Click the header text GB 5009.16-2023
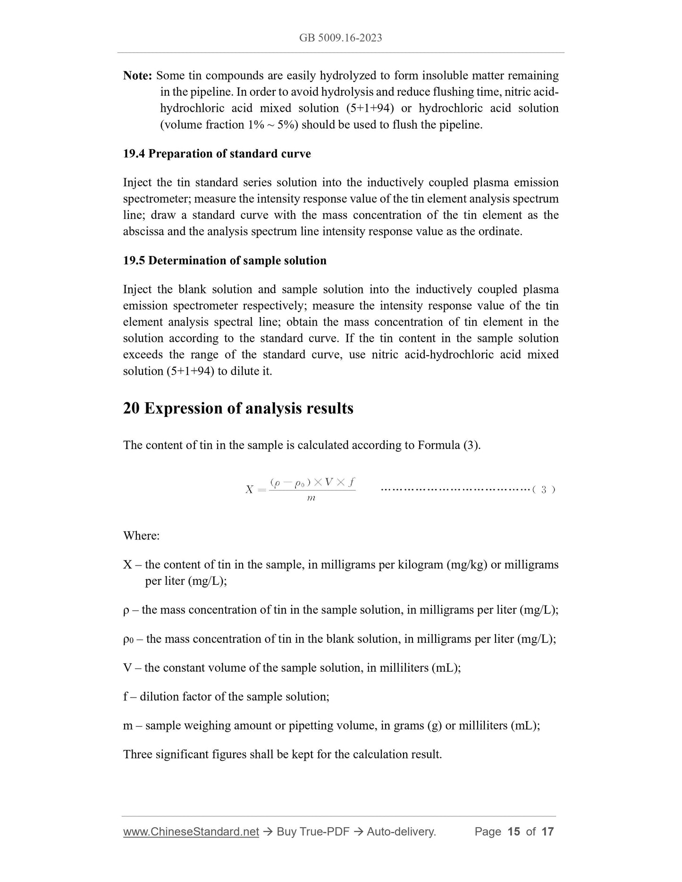click(x=340, y=38)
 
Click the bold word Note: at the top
click(x=137, y=75)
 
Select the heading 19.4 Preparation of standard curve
click(x=217, y=154)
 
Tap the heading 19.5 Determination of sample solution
click(x=225, y=261)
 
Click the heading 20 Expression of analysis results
click(x=238, y=408)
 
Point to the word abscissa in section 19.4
click(x=143, y=232)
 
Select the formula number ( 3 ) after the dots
click(x=543, y=490)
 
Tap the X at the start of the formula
click(x=249, y=490)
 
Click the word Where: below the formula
click(x=141, y=536)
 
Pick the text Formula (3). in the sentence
click(x=449, y=445)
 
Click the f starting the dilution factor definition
click(x=126, y=697)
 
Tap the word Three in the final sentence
click(x=137, y=754)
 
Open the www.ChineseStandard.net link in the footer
click(x=191, y=832)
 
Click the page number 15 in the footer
click(x=514, y=832)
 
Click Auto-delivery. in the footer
click(x=401, y=832)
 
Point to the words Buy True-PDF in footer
click(x=312, y=832)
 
